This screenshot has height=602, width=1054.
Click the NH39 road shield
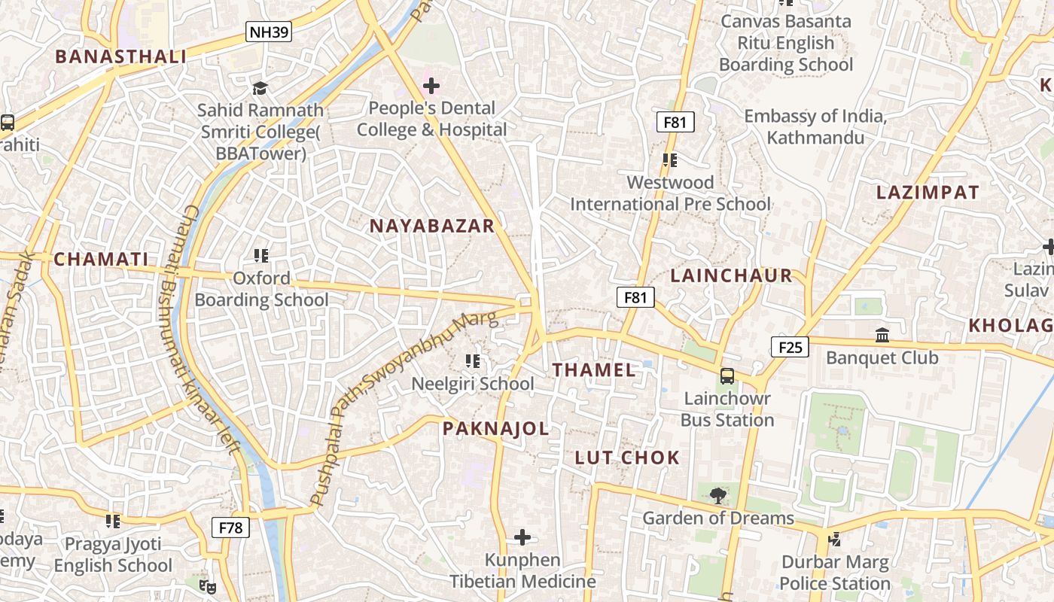point(269,32)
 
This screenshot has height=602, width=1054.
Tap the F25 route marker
point(789,347)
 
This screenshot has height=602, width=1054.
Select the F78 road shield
point(230,528)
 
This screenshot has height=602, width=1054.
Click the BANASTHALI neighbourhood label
point(120,56)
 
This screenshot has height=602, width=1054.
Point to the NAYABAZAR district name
point(431,226)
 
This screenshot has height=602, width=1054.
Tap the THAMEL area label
point(594,369)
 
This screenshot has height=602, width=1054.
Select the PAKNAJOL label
point(495,429)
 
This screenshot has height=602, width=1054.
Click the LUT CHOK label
point(627,458)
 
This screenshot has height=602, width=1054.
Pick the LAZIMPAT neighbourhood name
point(928,192)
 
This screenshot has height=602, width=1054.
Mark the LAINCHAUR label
point(731,275)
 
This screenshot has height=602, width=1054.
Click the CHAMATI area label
point(101,260)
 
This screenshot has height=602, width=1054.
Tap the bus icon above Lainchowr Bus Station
point(727,375)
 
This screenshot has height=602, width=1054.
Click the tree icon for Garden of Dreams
point(718,494)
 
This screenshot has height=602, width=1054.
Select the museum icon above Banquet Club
point(882,335)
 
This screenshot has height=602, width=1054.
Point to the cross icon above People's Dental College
point(431,86)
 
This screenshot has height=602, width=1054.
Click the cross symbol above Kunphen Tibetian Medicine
point(522,537)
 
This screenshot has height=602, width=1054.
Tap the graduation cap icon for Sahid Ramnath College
point(260,88)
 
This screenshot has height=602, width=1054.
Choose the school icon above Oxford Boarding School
point(261,256)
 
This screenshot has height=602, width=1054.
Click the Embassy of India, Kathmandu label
point(815,127)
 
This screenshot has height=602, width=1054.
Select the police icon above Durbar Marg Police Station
point(834,539)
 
